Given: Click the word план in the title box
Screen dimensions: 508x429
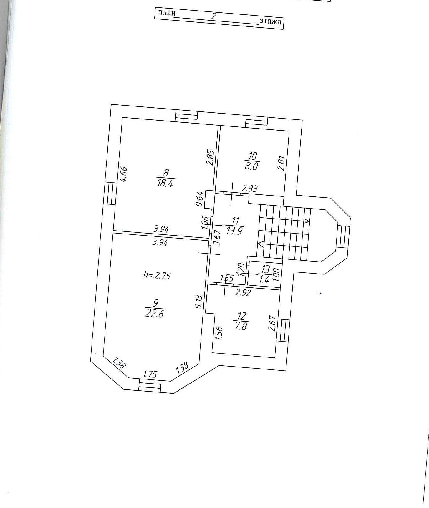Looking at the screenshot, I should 167,13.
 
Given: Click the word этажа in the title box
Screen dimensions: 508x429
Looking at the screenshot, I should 270,21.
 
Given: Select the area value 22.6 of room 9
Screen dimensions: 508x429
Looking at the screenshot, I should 155,314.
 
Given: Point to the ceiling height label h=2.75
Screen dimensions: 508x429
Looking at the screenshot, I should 157,275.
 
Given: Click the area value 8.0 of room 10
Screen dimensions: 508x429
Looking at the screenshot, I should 251,166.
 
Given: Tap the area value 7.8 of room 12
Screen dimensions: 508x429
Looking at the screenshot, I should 241,326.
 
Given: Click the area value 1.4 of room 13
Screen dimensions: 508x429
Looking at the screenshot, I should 264,279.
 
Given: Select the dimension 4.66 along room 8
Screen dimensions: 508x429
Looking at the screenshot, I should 124,174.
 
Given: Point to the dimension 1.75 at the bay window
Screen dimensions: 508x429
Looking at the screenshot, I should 150,374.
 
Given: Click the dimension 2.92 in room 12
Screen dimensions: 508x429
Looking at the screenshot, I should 243,293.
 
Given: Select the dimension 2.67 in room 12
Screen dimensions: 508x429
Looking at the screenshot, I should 273,323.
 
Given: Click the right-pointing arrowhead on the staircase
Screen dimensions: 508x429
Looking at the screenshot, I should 307,221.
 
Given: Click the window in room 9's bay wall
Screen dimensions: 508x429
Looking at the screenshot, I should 150,386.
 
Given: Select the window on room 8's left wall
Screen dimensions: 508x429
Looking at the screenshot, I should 109,193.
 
